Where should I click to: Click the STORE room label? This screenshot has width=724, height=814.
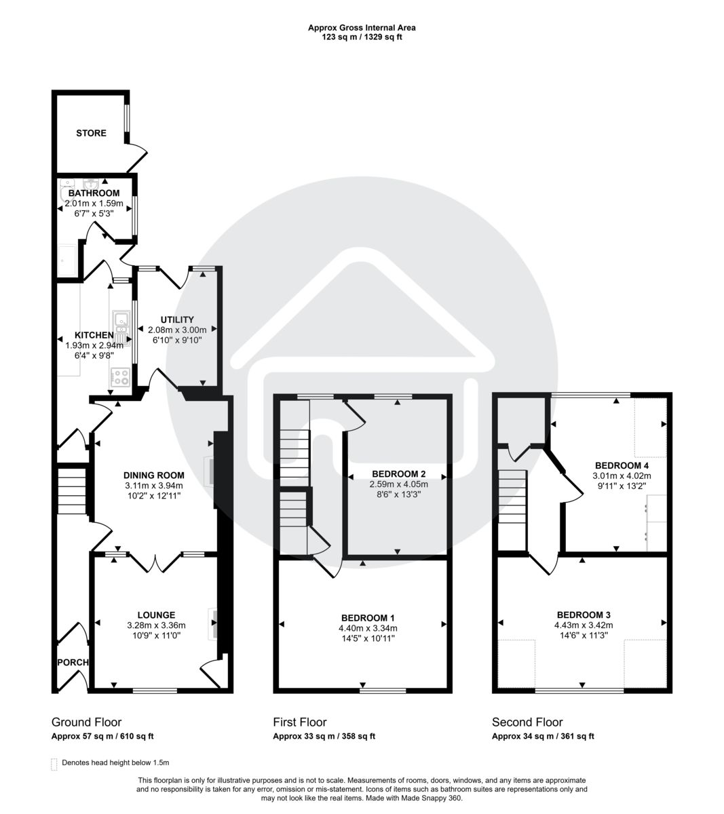coord(91,133)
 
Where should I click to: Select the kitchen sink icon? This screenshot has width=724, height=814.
coord(122,326)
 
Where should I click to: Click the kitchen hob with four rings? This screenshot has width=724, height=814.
coord(121,377)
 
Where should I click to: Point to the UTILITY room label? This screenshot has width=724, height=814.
coord(177,319)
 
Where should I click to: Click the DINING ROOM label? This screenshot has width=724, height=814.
coord(154,476)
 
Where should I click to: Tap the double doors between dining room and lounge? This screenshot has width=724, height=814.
coord(156,563)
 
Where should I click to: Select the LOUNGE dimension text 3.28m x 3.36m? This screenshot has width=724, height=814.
coord(156,625)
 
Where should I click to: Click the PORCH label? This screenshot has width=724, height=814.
coord(72,662)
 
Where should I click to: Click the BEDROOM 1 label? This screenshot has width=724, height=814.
coord(368,618)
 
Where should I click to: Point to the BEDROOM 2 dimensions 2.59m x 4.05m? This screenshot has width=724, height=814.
coord(398,484)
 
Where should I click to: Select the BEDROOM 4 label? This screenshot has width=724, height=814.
coord(622,465)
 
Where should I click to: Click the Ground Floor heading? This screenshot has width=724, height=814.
coord(86,722)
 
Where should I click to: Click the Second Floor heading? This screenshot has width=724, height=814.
coord(527,722)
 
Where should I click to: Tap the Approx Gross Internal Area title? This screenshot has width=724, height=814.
coord(362,28)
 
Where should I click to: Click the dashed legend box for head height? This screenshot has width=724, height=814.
coord(54,763)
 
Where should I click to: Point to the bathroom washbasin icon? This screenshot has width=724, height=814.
coord(91,182)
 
